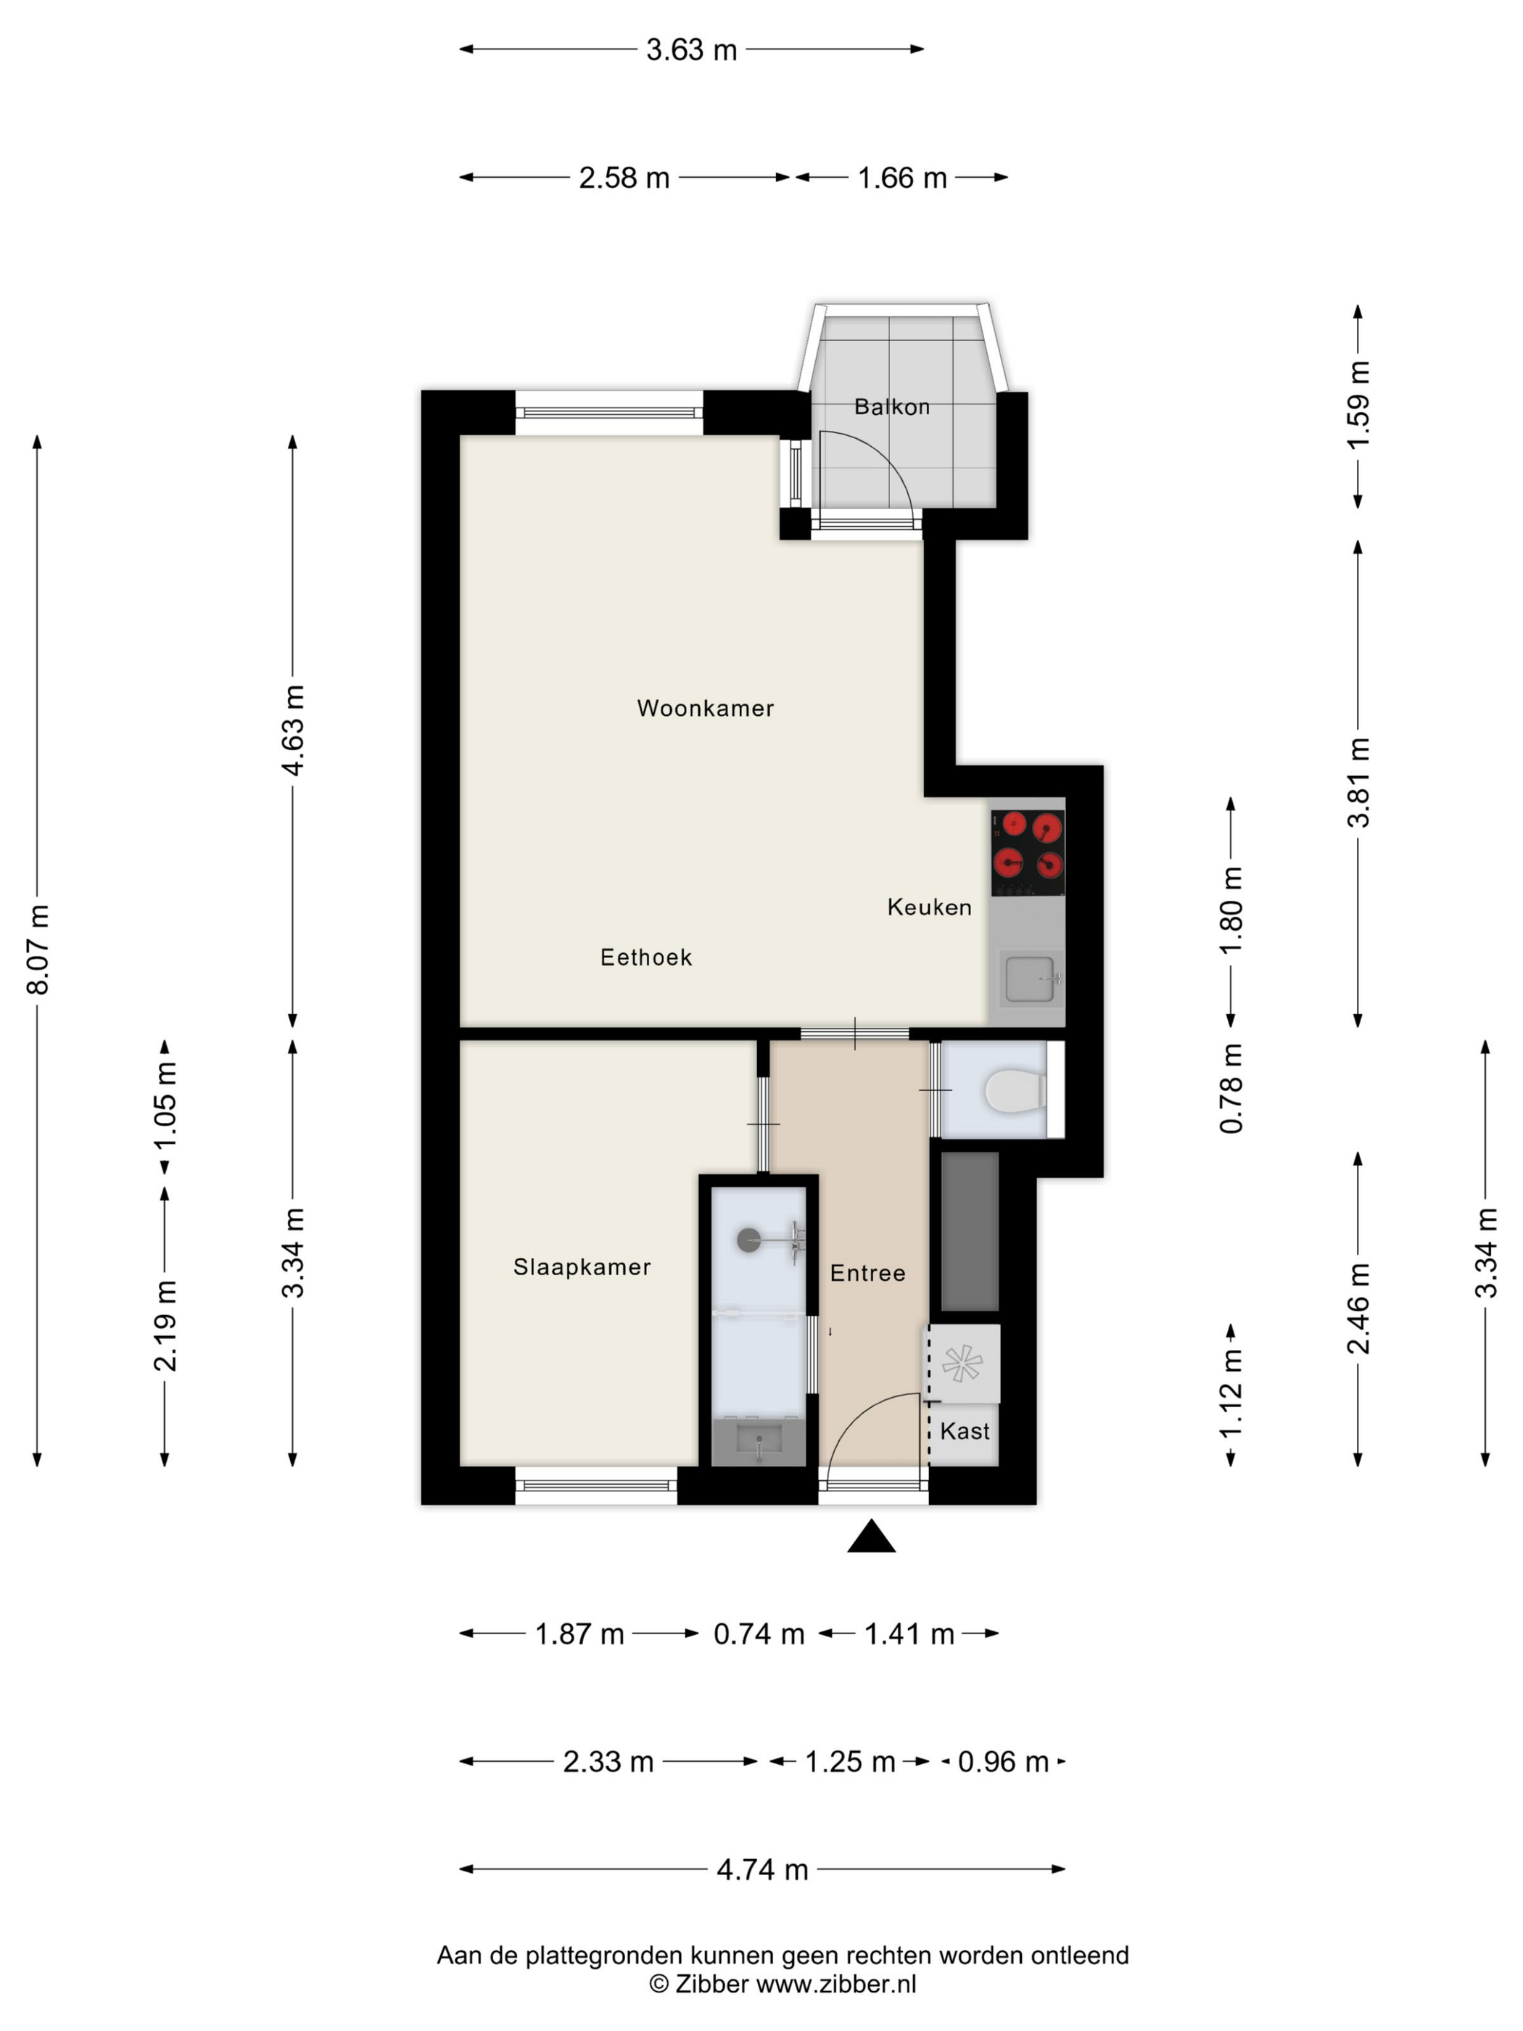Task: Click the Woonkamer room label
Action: pos(705,708)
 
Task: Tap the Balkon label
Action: pos(891,407)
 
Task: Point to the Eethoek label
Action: pos(645,957)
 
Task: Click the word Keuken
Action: pos(929,907)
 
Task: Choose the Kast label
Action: pos(965,1430)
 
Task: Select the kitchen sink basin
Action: pos(1029,979)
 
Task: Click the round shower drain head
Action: pos(749,1240)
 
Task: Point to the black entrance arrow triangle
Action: pos(871,1536)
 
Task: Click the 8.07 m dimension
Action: pos(38,949)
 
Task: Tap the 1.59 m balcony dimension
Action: pos(1358,405)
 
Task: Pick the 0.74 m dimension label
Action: pos(759,1634)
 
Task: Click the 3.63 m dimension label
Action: pos(691,49)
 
